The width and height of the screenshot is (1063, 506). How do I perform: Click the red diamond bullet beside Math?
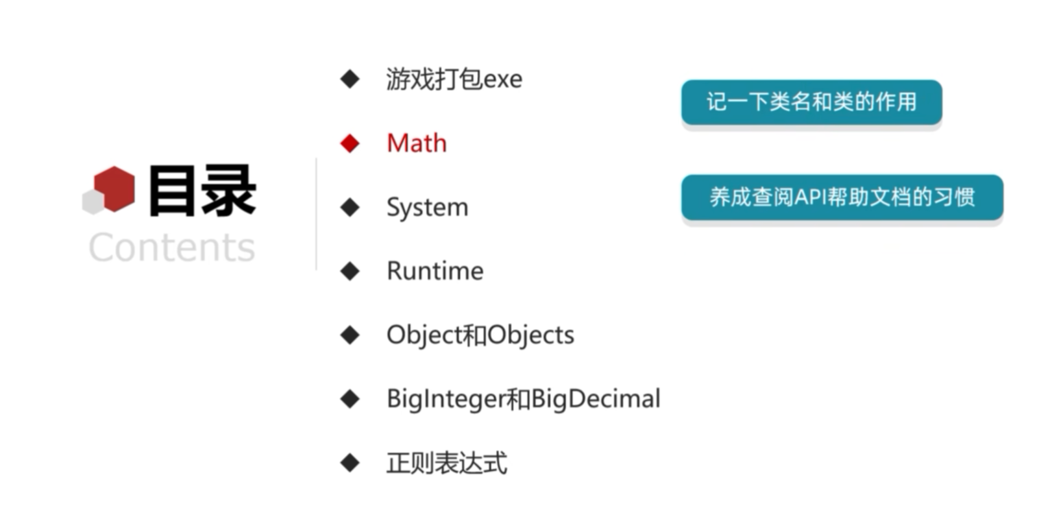coord(350,143)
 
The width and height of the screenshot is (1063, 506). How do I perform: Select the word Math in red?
coord(417,143)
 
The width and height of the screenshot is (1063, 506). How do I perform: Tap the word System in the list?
coord(427,208)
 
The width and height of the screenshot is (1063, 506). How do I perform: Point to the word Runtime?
coord(435,271)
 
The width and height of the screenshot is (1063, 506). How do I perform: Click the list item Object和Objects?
coord(480,335)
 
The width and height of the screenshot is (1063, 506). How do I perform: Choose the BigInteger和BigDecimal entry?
coord(523,399)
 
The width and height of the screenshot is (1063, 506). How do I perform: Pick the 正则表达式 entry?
coord(446,463)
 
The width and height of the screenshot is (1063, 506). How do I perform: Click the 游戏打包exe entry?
coord(454,79)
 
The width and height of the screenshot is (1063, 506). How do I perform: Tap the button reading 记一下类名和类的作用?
coord(811,102)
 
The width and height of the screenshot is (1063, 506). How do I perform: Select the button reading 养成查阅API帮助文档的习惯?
coord(842,197)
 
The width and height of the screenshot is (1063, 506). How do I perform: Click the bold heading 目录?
coord(202,191)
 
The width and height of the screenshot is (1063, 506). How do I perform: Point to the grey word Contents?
coord(172,248)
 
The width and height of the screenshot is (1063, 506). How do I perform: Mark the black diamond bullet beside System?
coord(350,208)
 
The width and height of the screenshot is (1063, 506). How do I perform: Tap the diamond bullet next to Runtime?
coord(350,271)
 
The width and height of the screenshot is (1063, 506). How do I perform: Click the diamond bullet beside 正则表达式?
coord(350,463)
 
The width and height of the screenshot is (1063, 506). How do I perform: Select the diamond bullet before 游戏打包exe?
coord(350,79)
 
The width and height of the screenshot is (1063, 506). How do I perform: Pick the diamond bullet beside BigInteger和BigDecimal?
coord(350,399)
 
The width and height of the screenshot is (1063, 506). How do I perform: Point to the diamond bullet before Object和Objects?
coord(350,335)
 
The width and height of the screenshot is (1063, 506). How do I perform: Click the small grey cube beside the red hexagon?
coord(93,202)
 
